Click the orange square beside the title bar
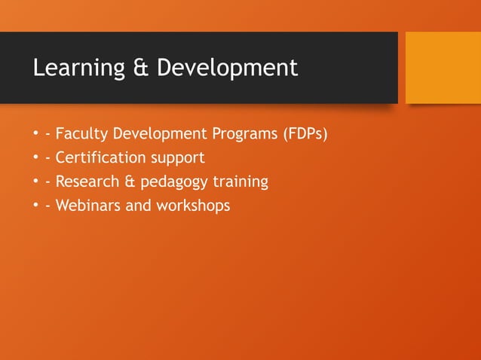[443, 67]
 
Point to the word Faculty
[81, 135]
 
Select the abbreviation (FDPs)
[305, 135]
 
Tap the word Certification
[100, 158]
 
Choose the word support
[177, 159]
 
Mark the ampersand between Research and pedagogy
[128, 182]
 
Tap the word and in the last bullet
[138, 205]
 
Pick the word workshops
[193, 205]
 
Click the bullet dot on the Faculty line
[35, 136]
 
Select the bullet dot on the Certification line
[35, 159]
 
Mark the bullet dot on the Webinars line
[35, 206]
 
